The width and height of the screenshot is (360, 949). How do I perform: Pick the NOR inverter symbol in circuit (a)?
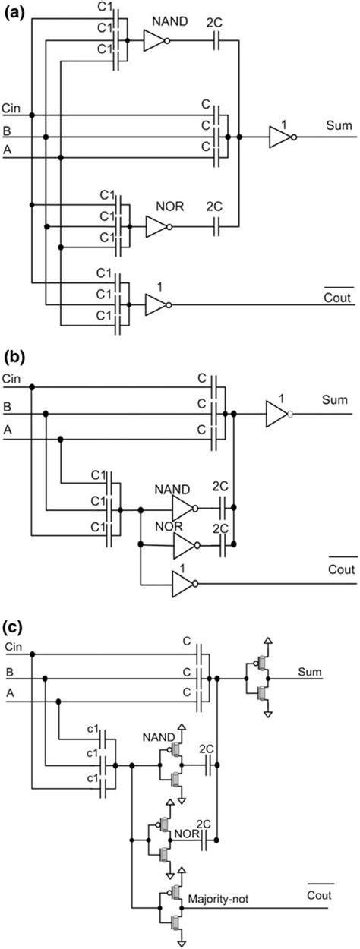point(158,225)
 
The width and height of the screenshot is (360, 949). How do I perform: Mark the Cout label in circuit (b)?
point(339,570)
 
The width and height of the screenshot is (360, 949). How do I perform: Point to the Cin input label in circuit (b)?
point(13,377)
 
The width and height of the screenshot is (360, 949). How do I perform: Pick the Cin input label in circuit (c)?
point(13,646)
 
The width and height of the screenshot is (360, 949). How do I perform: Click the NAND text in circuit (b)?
point(170,490)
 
